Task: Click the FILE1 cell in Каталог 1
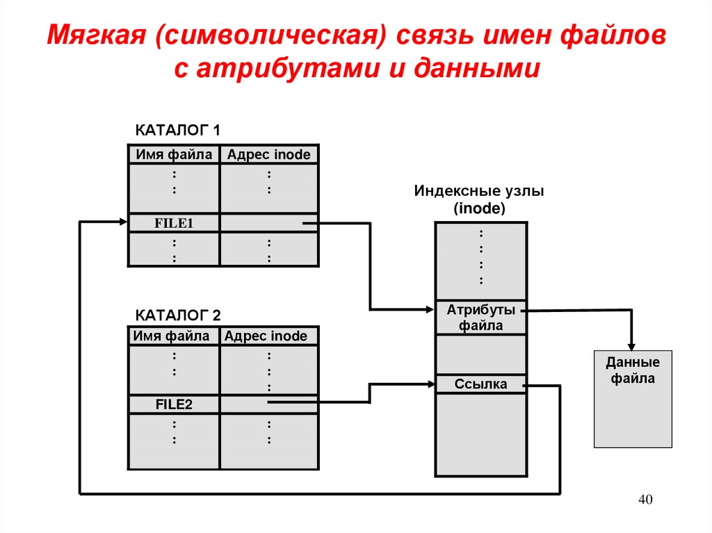173,223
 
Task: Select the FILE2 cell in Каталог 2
173,404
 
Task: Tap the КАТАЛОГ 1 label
177,130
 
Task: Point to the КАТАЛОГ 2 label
177,314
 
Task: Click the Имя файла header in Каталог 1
173,154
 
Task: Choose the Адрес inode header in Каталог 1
269,154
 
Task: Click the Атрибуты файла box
480,317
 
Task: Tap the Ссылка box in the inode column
480,384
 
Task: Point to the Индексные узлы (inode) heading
480,199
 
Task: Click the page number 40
646,500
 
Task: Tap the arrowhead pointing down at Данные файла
632,345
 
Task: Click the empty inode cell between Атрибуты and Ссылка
480,354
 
